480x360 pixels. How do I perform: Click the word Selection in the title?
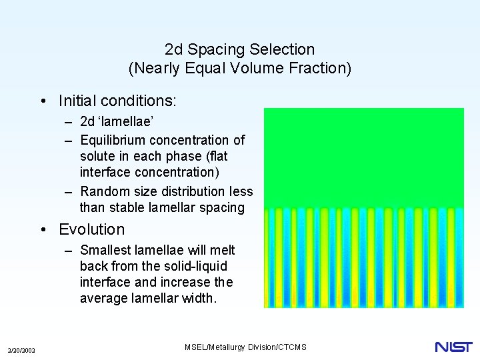pyautogui.click(x=283, y=49)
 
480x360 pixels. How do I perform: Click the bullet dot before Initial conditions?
pyautogui.click(x=43, y=101)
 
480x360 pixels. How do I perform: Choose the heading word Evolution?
pyautogui.click(x=92, y=229)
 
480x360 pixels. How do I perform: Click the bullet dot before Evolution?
pyautogui.click(x=43, y=230)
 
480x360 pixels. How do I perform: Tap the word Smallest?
pyautogui.click(x=105, y=250)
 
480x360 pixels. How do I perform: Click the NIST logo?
pyautogui.click(x=453, y=347)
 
